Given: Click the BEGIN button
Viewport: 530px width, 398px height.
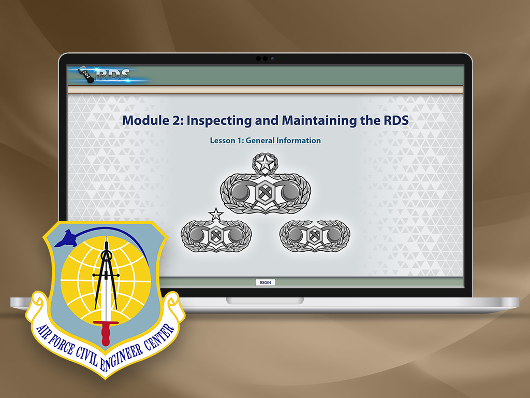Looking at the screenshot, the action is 266,282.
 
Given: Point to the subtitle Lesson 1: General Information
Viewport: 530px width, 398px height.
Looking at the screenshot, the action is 266,140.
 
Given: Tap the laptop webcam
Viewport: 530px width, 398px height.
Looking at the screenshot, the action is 265,59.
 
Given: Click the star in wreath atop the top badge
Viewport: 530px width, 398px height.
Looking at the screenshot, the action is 266,163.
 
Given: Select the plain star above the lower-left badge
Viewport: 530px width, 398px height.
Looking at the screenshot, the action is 216,215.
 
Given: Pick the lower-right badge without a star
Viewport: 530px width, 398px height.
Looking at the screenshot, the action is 315,236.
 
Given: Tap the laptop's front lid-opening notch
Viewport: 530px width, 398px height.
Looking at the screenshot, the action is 265,301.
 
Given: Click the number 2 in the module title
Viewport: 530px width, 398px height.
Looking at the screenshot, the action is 177,120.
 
